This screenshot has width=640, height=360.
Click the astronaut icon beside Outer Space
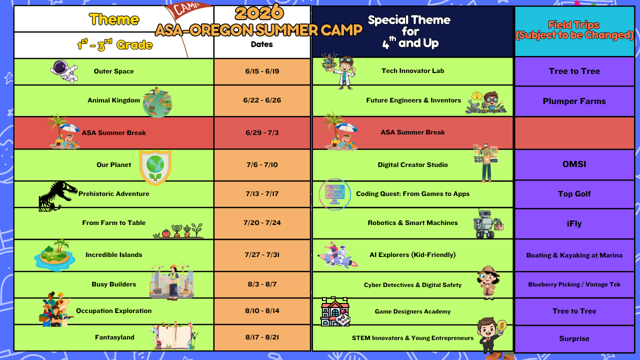coord(64,71)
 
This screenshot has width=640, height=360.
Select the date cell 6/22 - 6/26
coord(262,100)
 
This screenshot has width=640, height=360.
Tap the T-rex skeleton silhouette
coord(57,196)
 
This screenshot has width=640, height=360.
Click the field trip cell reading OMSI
coord(574,164)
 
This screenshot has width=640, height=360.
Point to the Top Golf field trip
coord(574,194)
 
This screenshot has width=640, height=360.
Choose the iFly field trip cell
coord(574,223)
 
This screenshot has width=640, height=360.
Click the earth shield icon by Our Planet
coord(155,167)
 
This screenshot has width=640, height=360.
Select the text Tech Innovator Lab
coord(413,71)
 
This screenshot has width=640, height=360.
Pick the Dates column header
coord(261,44)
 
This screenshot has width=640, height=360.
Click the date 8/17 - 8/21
coord(262,337)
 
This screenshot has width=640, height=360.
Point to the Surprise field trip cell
coord(574,338)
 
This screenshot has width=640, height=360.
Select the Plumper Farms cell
coord(574,101)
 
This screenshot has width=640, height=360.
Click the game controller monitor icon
coord(335,194)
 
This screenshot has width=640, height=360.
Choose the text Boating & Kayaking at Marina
coord(574,255)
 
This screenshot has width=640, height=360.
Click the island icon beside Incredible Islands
coord(54,255)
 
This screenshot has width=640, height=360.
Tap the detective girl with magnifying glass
coord(488,282)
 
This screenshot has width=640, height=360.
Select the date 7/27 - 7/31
coord(262,255)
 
